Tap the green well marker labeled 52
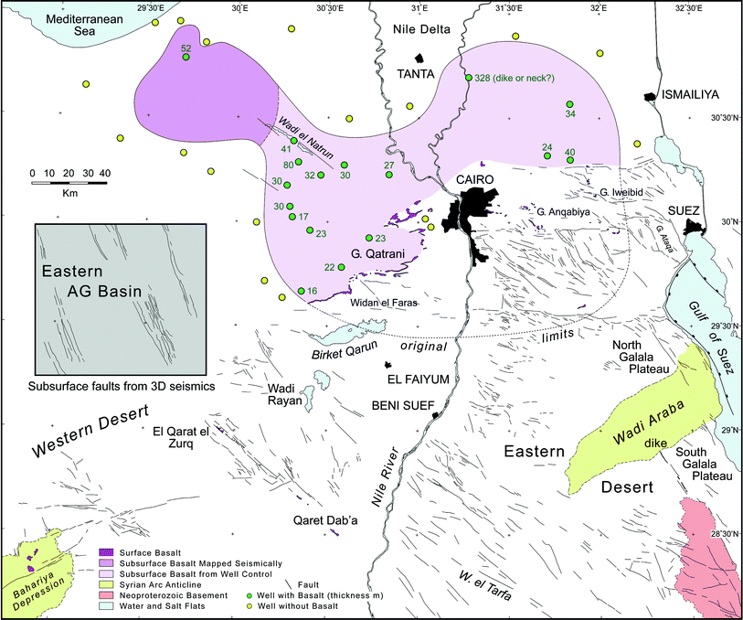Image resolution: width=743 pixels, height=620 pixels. (x=186, y=57)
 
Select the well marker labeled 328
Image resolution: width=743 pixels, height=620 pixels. (x=469, y=78)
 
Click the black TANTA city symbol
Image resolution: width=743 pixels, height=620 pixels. (x=421, y=57)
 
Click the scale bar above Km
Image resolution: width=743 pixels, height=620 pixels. (x=68, y=182)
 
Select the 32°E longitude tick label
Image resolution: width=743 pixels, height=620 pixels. (x=599, y=8)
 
